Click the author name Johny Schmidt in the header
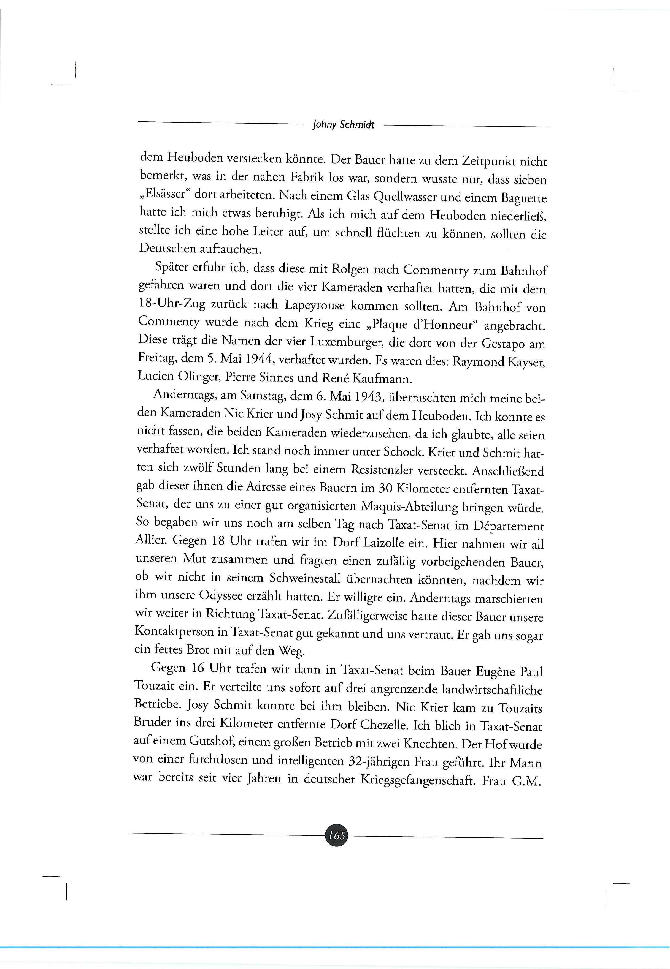[343, 125]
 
